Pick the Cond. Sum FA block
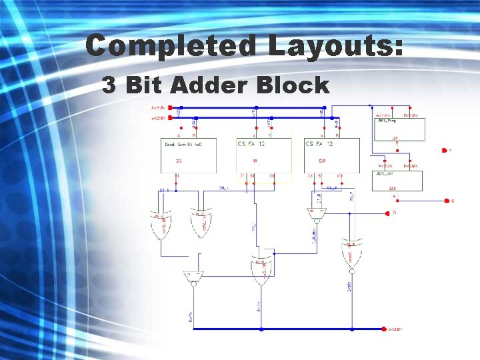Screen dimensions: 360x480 189,155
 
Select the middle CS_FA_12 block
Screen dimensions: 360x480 264,155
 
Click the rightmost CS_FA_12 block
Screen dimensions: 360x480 331,155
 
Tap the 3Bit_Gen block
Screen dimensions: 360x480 397,180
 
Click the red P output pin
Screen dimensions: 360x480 443,151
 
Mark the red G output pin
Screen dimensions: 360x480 446,200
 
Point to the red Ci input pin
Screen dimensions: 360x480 387,213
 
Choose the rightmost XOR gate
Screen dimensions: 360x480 352,253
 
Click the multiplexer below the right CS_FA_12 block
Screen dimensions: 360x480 316,213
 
